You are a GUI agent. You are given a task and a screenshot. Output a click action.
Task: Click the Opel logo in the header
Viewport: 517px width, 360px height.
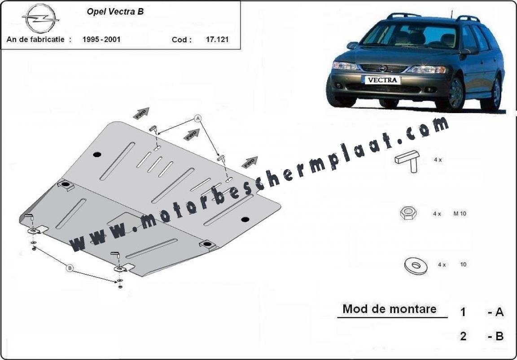[41, 18]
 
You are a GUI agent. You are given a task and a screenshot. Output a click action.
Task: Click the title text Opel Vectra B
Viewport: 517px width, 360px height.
[115, 12]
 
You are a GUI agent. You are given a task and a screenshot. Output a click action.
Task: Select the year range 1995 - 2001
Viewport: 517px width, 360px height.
[101, 40]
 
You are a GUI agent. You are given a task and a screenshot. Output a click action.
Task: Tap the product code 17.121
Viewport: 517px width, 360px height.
[217, 40]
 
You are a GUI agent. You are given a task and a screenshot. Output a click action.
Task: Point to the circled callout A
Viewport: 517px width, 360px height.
[197, 118]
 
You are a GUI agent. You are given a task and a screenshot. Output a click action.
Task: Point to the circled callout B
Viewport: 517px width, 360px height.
[70, 268]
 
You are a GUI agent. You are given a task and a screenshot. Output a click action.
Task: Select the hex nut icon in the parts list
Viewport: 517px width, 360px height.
[408, 213]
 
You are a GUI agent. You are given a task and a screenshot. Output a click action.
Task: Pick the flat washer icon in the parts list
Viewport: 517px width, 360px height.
[416, 265]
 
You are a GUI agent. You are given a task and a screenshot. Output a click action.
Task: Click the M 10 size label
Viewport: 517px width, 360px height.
[460, 213]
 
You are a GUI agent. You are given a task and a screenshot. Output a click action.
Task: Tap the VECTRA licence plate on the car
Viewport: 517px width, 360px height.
[382, 80]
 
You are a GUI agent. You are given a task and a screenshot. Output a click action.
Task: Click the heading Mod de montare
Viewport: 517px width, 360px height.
[390, 309]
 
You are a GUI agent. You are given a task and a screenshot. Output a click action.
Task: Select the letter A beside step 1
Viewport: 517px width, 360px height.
[499, 312]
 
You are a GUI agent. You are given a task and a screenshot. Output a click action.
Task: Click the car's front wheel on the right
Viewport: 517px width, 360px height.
[456, 93]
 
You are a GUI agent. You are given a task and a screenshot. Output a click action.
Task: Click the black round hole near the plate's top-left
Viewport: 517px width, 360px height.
[97, 154]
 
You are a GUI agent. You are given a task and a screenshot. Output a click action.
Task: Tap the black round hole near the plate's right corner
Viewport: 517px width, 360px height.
[245, 219]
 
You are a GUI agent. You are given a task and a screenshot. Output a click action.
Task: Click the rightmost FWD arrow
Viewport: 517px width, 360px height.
[250, 162]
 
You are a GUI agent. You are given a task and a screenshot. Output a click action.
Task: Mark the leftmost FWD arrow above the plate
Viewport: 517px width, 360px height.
[141, 113]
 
